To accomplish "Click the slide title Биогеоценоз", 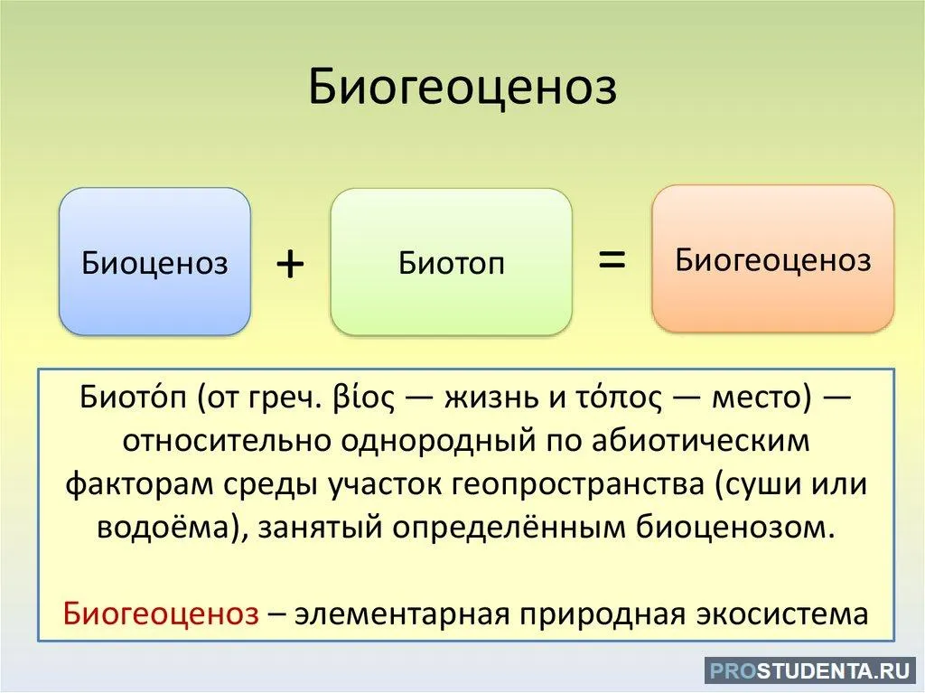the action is [x=462, y=88].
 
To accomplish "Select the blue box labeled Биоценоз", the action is [x=155, y=261].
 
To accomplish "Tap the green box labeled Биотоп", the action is [x=452, y=261].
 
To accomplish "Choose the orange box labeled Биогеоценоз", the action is [x=773, y=258].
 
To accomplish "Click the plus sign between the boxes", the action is [x=290, y=263].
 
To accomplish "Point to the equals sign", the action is [x=612, y=258].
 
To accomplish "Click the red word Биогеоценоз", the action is [x=161, y=613].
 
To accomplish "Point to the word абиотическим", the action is [x=701, y=442].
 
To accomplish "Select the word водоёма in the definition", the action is [x=167, y=528].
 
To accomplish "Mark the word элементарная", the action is [x=402, y=613].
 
